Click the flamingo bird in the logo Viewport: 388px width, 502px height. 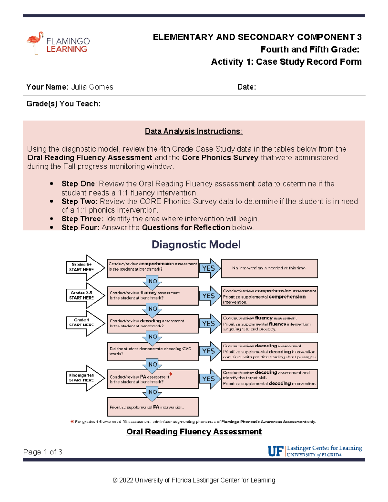click(x=35, y=41)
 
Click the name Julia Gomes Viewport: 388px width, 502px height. click(x=92, y=87)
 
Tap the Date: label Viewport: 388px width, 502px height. click(x=246, y=87)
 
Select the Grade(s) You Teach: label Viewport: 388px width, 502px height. click(x=63, y=104)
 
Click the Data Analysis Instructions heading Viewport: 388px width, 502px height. click(x=194, y=131)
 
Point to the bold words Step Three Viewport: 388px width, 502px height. click(x=82, y=219)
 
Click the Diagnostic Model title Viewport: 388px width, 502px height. click(x=196, y=245)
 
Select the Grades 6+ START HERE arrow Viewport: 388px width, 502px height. click(x=85, y=267)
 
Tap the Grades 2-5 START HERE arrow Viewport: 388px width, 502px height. click(x=85, y=295)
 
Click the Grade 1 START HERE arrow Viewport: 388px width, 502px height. click(x=85, y=323)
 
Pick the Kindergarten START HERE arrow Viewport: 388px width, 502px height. click(x=85, y=378)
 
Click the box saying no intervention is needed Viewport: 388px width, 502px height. click(x=269, y=268)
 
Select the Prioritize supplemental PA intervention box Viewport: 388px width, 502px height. click(x=153, y=407)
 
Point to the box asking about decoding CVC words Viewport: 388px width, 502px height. click(x=153, y=351)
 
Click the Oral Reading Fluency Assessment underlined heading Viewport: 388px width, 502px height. click(x=194, y=432)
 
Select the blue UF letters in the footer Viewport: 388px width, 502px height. click(x=275, y=451)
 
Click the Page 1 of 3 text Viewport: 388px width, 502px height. click(x=43, y=452)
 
